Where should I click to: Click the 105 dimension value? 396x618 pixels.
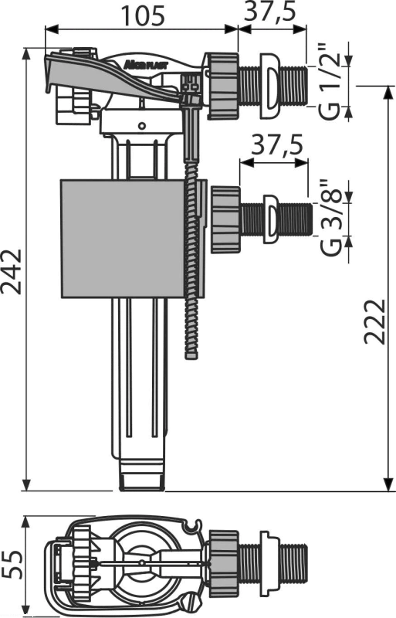142,16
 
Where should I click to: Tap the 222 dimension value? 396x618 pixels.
374,321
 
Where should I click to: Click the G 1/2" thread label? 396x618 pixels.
329,82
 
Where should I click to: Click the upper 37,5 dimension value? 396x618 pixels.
270,12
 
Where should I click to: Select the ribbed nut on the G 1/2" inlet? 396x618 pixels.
223,86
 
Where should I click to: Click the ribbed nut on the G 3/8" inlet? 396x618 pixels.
225,220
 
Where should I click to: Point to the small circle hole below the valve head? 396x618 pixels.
142,126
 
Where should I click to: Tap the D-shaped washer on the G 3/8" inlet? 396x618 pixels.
270,219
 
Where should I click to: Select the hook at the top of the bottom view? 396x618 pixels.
193,525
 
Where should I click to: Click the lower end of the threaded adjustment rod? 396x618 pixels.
191,356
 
